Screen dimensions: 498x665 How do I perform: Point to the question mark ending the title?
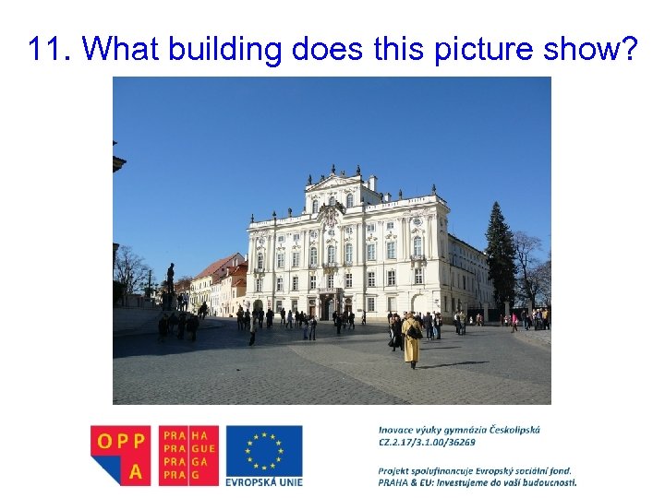pos(628,49)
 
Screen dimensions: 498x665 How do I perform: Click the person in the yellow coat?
pos(412,339)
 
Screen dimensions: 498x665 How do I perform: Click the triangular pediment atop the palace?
pos(333,181)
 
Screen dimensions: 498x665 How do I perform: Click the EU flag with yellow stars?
pos(264,449)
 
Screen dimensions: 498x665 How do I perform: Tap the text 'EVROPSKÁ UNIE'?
pos(264,480)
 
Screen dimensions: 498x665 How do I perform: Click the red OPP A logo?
pos(120,454)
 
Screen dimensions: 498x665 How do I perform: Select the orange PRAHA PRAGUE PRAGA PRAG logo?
pos(188,455)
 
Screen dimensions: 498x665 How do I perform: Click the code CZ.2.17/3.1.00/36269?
pos(426,443)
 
